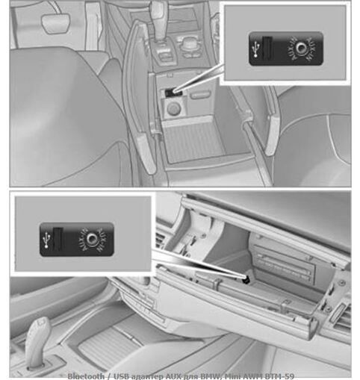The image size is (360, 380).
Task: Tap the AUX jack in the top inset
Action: [x=301, y=46]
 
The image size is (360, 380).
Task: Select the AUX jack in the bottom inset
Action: [x=92, y=240]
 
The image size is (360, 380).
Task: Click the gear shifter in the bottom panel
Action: [x=37, y=340]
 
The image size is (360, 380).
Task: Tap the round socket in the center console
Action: [x=173, y=109]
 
